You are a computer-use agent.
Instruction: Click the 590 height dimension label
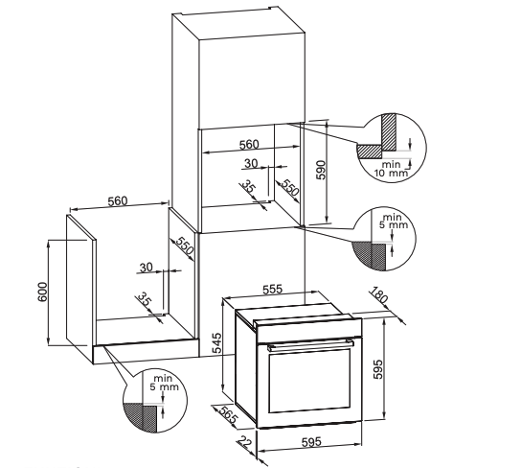(x=322, y=170)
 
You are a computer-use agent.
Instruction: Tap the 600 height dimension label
(x=43, y=292)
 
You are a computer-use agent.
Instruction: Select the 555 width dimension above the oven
(x=272, y=289)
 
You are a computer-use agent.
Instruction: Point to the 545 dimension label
(x=216, y=343)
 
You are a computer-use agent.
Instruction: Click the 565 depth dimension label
(x=226, y=415)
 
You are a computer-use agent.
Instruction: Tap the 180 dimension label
(x=379, y=294)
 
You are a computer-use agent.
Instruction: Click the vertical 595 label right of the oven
(x=378, y=369)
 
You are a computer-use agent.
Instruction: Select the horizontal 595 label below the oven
(x=311, y=442)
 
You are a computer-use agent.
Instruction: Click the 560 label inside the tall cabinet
(x=249, y=145)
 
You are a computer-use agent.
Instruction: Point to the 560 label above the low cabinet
(x=118, y=200)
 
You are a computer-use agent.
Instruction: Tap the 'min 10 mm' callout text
(x=391, y=169)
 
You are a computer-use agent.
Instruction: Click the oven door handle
(x=311, y=344)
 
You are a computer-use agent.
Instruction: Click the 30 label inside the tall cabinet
(x=251, y=163)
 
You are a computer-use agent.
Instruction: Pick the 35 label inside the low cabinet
(x=145, y=299)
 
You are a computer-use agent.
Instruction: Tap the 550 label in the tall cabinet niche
(x=290, y=187)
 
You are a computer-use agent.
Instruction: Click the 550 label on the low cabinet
(x=185, y=246)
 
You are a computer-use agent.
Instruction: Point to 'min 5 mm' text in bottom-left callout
(x=164, y=383)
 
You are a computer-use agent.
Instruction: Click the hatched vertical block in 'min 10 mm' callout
(x=389, y=131)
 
